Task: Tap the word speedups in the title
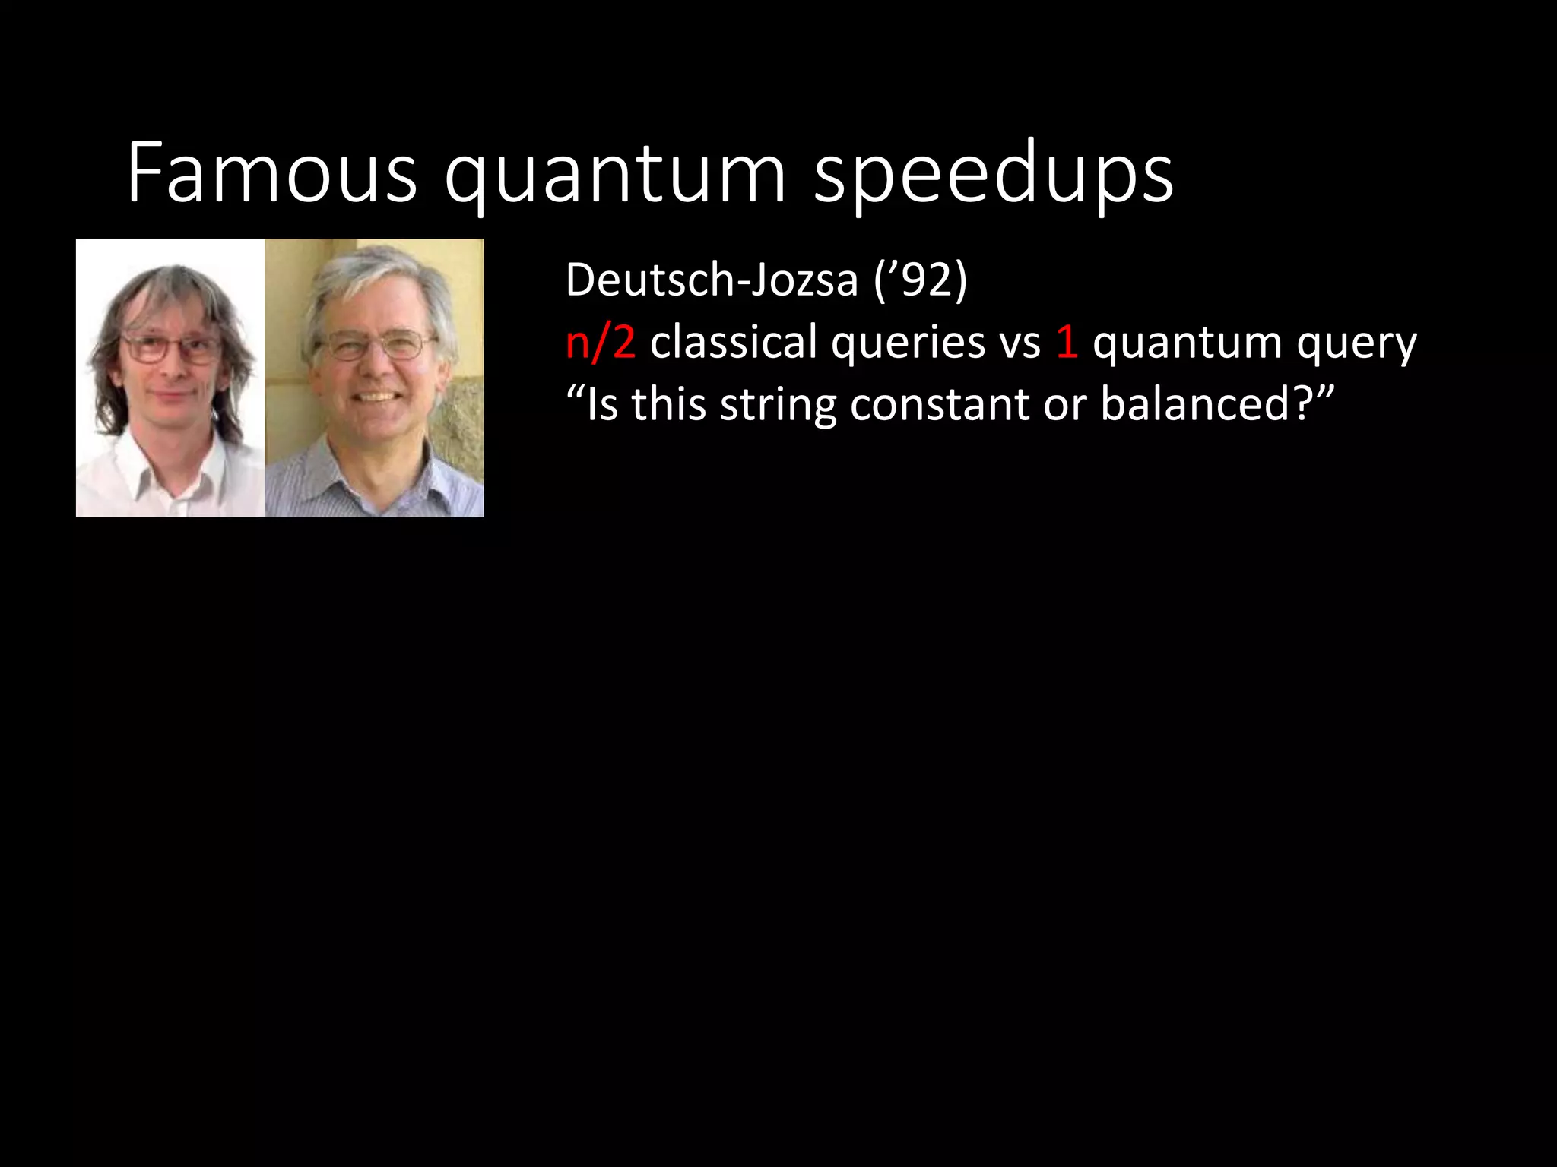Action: [x=993, y=176]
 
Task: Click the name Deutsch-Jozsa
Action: [x=712, y=280]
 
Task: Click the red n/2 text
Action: [x=600, y=342]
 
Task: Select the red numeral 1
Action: [x=1067, y=342]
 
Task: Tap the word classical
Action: [x=733, y=342]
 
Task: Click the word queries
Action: [x=908, y=343]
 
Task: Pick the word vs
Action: [x=1020, y=343]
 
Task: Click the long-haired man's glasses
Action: [x=169, y=349]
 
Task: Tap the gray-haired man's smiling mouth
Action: [x=377, y=397]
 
